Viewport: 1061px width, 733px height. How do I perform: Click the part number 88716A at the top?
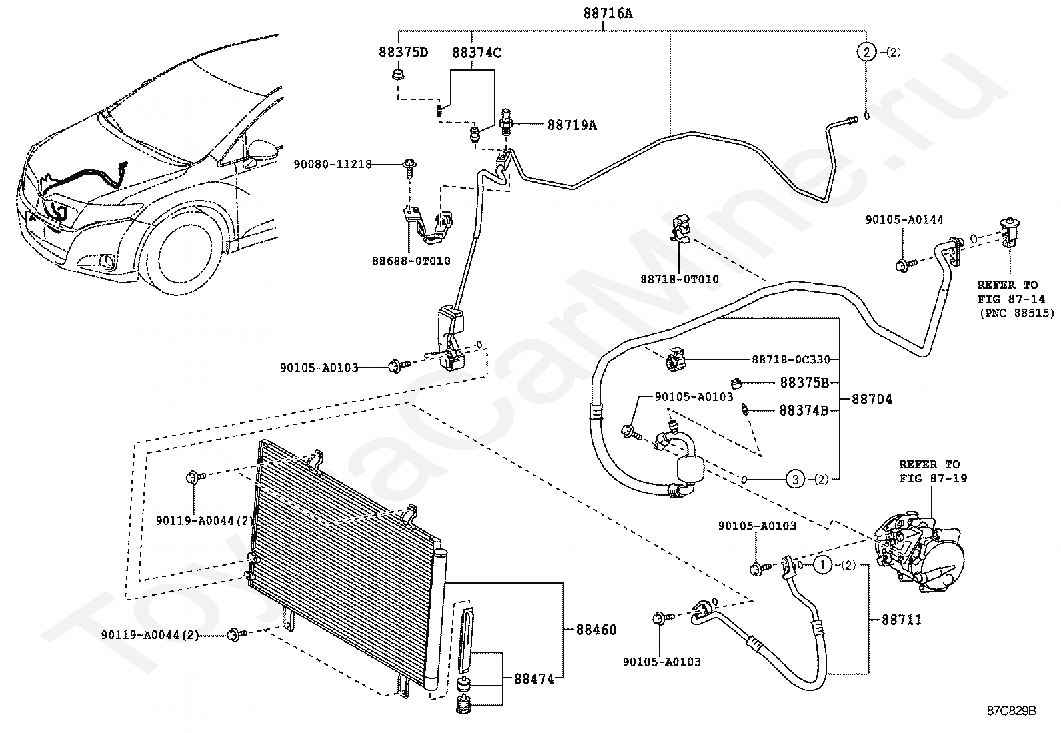click(608, 13)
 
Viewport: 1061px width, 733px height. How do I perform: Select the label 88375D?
click(403, 52)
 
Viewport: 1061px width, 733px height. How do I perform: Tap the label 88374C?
click(476, 53)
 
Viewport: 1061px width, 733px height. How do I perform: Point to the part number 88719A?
click(572, 125)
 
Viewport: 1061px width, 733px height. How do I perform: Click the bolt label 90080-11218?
click(333, 165)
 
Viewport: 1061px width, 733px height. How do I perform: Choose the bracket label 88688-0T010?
click(411, 261)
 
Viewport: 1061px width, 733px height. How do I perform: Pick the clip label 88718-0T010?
click(680, 279)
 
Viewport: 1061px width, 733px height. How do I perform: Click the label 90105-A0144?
click(904, 220)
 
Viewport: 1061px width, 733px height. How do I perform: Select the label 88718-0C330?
click(791, 360)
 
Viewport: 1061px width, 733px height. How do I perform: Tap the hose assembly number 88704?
click(872, 400)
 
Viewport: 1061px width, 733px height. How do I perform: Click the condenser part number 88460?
click(596, 630)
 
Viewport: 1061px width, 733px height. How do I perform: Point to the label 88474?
click(534, 679)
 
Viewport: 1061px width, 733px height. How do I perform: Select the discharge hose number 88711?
click(901, 620)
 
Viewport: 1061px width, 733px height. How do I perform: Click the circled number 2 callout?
click(866, 52)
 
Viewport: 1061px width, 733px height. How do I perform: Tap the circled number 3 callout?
click(795, 480)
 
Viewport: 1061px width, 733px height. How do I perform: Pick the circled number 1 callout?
click(823, 565)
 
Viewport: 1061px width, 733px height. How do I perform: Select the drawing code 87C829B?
click(1011, 711)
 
